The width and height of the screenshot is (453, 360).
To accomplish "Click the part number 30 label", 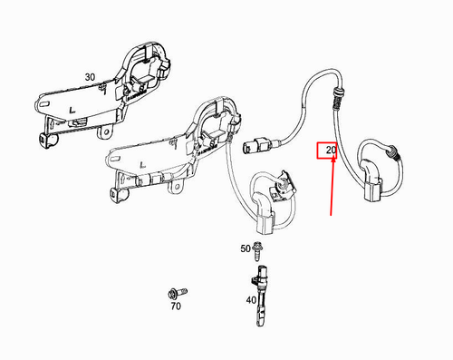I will [x=89, y=78].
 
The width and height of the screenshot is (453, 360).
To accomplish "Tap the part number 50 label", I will [x=245, y=248].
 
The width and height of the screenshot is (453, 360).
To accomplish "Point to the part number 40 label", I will [x=250, y=300].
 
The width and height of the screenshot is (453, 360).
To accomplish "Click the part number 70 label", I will [x=175, y=307].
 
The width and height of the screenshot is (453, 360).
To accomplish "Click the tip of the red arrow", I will [x=331, y=216].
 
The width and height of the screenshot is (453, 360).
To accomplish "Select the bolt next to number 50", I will [x=259, y=248].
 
